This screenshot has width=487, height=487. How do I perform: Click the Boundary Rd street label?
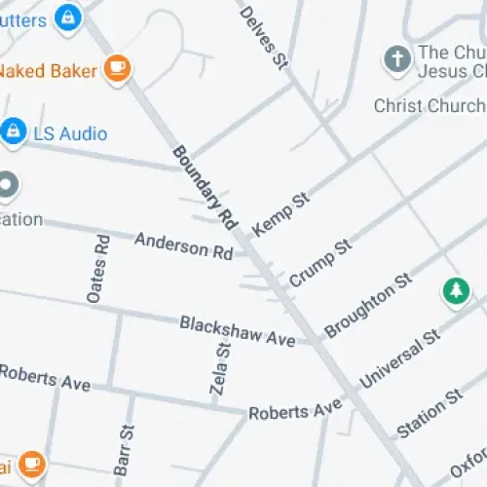[206, 187]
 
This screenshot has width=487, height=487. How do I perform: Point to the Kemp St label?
[281, 213]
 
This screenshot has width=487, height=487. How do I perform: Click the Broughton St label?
[367, 306]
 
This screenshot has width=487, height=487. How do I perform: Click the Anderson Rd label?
[183, 244]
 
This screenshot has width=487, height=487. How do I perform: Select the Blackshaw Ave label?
[237, 331]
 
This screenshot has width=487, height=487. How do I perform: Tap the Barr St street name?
[124, 449]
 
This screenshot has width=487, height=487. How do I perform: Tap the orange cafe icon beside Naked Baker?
[118, 68]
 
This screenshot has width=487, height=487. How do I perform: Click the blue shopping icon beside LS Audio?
[13, 131]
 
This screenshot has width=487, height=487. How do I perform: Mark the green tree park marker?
[455, 290]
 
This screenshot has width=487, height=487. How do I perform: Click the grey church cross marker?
[396, 59]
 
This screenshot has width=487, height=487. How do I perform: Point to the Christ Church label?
[429, 105]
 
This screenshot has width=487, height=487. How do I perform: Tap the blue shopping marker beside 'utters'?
[67, 17]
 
